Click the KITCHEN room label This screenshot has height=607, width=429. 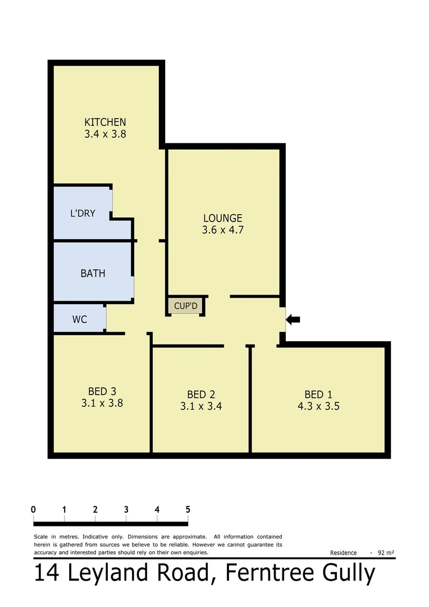click(x=105, y=122)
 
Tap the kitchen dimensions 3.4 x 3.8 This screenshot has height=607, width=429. click(x=105, y=134)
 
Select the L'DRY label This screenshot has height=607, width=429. click(x=83, y=214)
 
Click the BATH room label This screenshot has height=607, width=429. click(x=93, y=274)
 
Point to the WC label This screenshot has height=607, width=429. click(x=80, y=319)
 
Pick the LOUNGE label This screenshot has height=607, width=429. click(x=222, y=218)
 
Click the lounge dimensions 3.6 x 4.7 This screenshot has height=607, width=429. click(x=222, y=230)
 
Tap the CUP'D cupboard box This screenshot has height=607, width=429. click(x=185, y=306)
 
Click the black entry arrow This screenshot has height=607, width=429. click(x=293, y=319)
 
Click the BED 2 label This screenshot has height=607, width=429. click(x=201, y=395)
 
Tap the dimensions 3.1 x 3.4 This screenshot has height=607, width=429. click(x=201, y=406)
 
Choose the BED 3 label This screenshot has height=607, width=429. click(x=102, y=391)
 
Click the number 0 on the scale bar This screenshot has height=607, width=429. click(x=34, y=509)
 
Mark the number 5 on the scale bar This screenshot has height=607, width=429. click(x=188, y=509)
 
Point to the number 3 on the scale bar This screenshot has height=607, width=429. click(x=126, y=509)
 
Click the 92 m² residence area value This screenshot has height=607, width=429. click(x=386, y=552)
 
